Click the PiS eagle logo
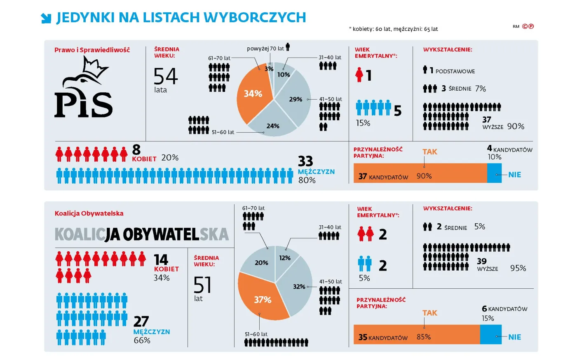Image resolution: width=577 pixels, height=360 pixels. pos(84,87)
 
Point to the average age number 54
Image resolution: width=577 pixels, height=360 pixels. pos(165,76)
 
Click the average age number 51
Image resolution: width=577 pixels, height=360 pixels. pos(202,285)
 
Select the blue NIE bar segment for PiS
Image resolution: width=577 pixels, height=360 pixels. pos(494,173)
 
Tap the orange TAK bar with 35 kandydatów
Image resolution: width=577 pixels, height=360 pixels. pos(416,334)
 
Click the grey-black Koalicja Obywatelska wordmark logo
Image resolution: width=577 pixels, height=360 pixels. pos(141,234)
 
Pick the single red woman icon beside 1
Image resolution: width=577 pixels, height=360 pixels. pos(359,75)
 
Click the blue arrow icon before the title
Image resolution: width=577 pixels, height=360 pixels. pos(46,18)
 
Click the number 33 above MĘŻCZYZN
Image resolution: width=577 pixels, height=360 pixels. pos(305,161)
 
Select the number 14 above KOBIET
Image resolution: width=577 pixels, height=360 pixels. pos(161,259)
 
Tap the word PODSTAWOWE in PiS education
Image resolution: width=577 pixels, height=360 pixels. pos(455,71)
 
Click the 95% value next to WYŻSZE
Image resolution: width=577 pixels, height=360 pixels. pos(518,268)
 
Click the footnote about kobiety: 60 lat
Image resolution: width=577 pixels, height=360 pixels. pos(393,29)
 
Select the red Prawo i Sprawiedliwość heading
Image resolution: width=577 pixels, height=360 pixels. pos(92,50)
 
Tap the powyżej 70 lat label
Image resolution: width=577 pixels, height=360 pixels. pos(265,49)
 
